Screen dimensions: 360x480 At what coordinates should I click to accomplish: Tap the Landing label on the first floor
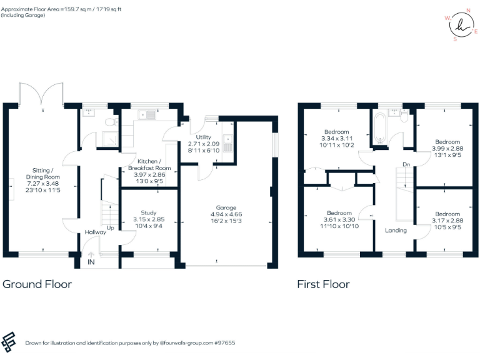396,230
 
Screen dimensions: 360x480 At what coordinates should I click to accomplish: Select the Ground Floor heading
37,284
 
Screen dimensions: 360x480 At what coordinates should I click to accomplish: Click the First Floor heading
323,284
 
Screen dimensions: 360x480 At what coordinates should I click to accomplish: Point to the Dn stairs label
406,165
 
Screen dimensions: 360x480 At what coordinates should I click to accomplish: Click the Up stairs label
110,227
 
